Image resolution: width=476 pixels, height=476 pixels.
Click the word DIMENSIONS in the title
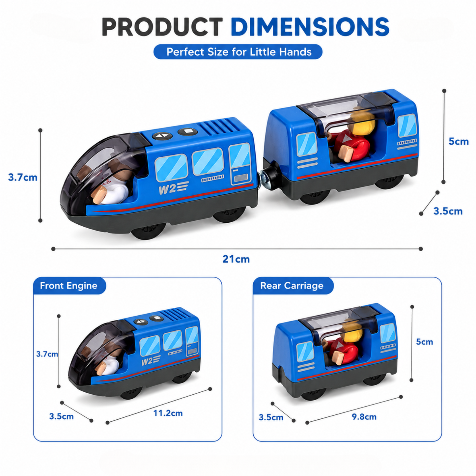[x=310, y=27]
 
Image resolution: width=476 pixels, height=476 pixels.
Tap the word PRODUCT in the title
[x=162, y=27]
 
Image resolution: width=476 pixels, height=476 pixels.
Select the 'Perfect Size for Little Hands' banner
[x=238, y=52]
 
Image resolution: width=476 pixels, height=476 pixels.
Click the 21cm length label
[x=236, y=259]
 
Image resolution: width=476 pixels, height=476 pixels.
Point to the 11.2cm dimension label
[x=168, y=413]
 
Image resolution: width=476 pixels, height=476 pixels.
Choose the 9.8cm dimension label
[x=364, y=417]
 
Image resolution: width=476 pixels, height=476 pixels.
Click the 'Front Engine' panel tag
[x=69, y=286]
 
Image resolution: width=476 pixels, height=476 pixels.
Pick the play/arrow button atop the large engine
[x=162, y=136]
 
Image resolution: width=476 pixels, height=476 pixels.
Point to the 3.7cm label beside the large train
[x=23, y=177]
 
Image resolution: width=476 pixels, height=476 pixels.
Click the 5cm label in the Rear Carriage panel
[x=425, y=342]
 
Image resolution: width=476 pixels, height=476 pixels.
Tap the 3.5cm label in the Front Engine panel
[x=62, y=416]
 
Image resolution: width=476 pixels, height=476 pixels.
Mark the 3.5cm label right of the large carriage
[x=448, y=211]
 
